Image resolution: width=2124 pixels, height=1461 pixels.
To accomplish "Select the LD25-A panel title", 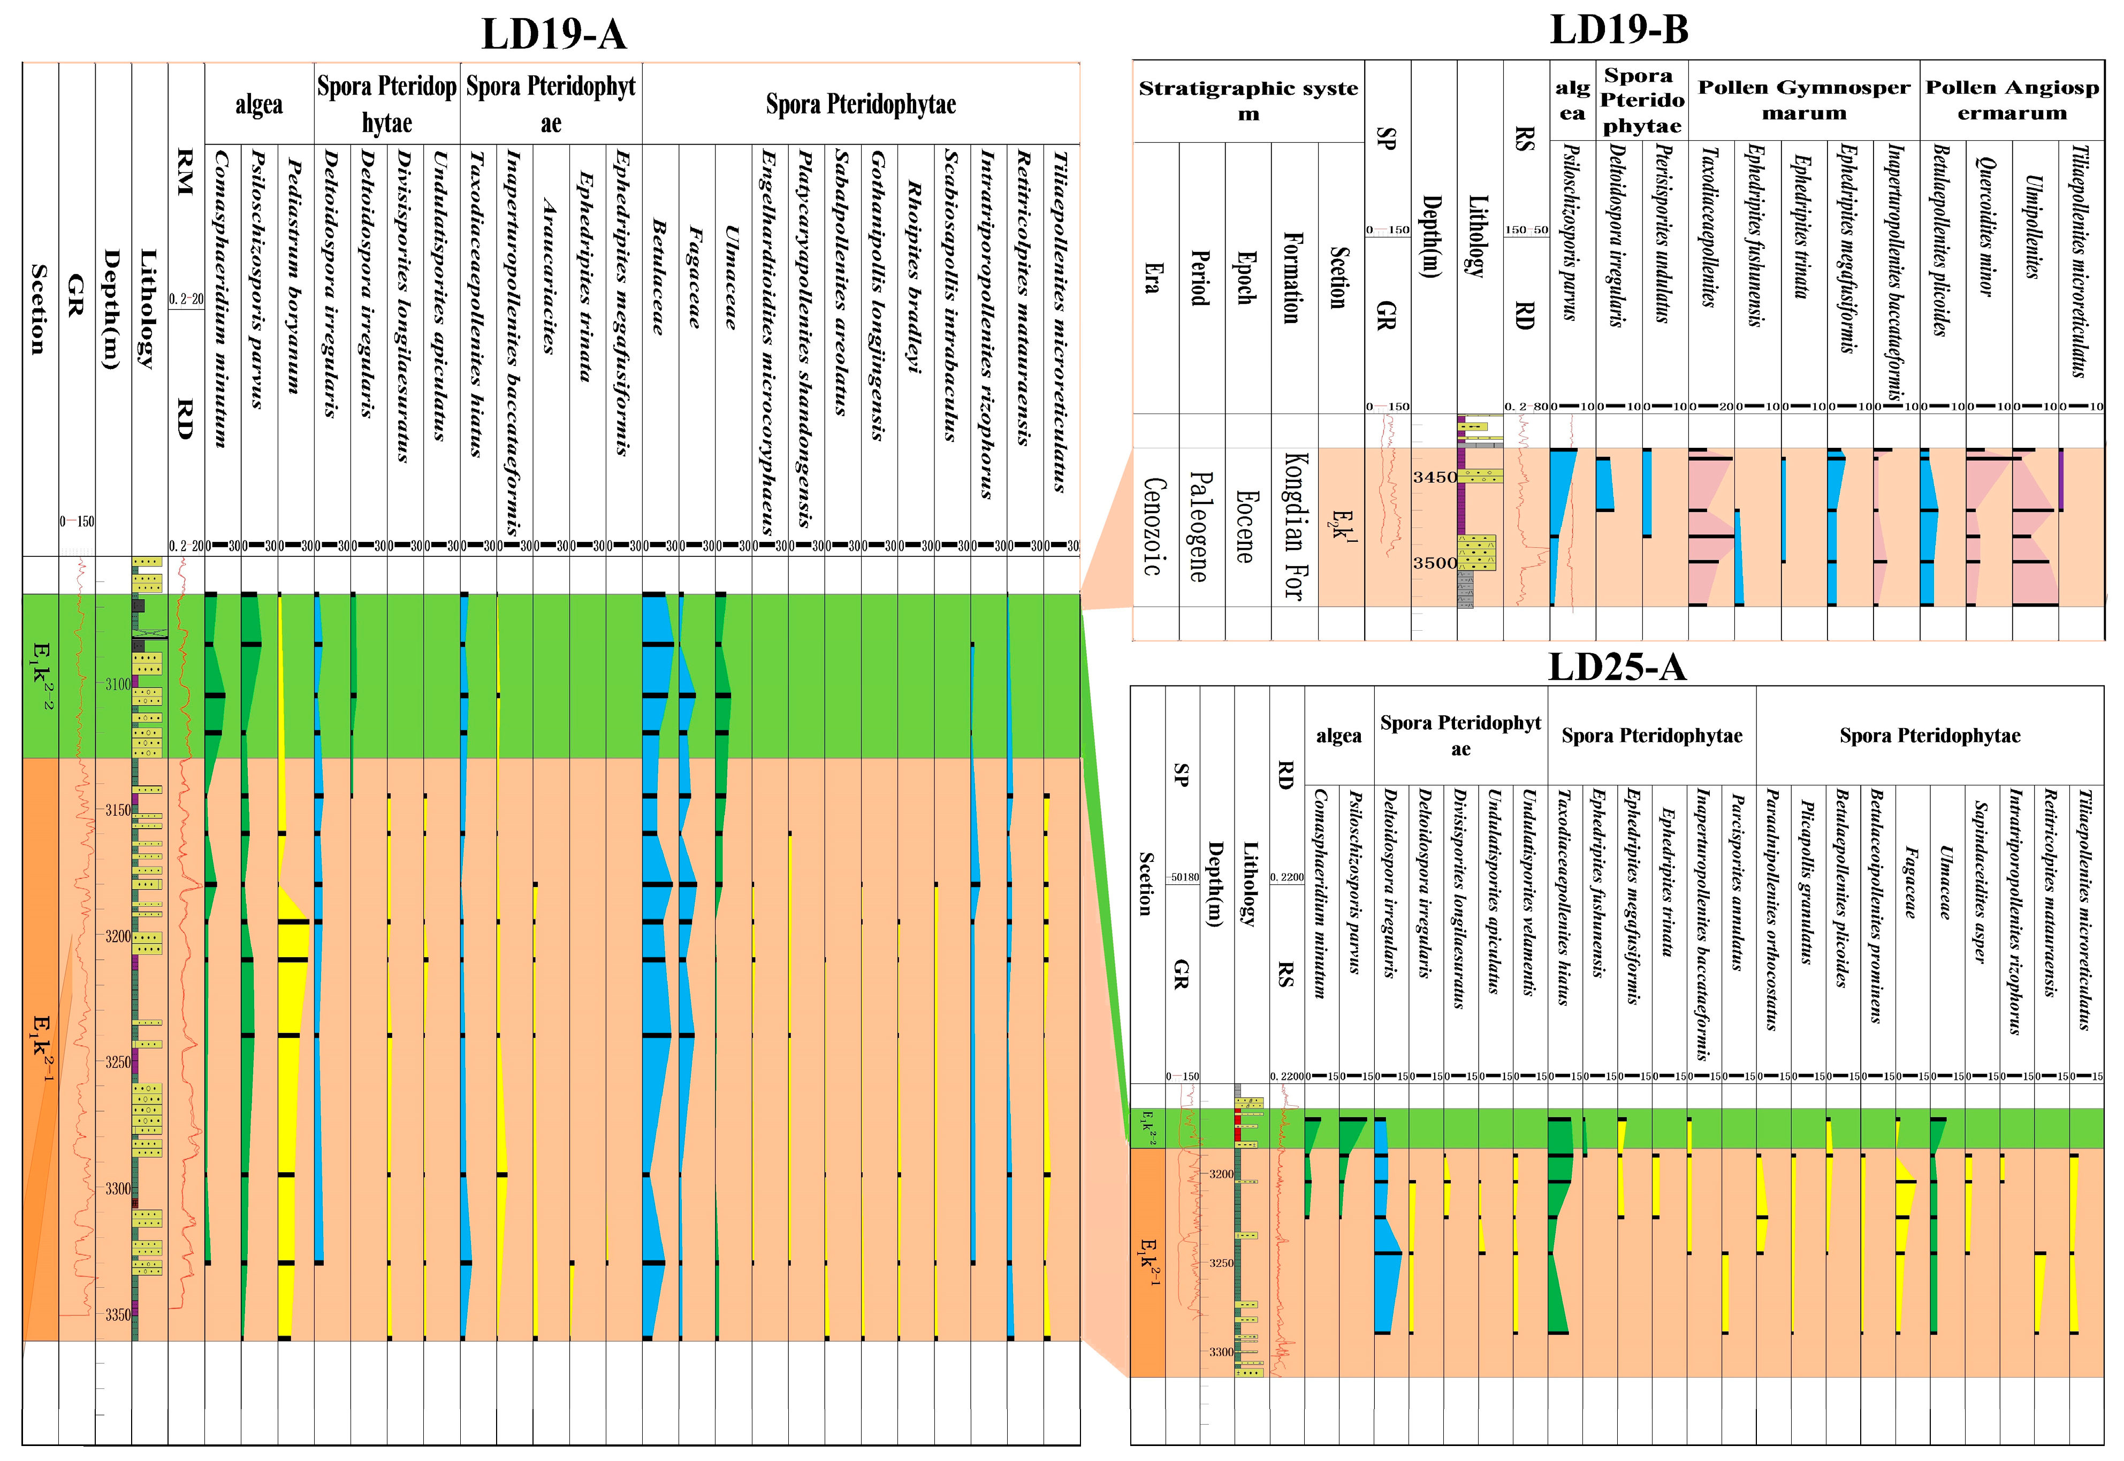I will [1616, 667].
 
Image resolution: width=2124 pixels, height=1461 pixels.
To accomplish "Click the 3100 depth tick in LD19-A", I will [117, 684].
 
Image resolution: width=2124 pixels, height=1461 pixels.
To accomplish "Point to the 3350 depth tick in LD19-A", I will [117, 1314].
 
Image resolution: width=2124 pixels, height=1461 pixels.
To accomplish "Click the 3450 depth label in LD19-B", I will [1434, 477].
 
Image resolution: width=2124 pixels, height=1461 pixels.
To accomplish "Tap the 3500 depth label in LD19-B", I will [1434, 563].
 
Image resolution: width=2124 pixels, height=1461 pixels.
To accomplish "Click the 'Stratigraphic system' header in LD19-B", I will [1248, 101].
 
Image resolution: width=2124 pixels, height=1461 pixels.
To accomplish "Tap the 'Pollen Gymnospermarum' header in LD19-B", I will [1803, 100].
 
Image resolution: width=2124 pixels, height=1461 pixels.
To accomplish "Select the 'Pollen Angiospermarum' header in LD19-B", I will [2012, 100].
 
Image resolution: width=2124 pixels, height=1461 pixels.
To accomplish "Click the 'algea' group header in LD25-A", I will [1338, 736].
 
